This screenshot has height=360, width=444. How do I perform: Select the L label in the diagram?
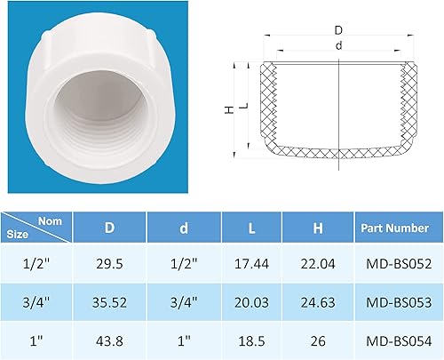coord(245,107)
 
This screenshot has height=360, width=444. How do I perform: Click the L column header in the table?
coord(253,228)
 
